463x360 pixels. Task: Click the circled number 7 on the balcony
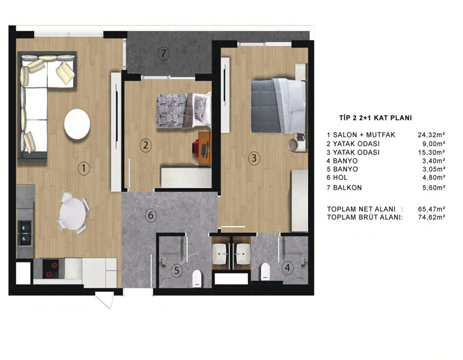click(x=163, y=53)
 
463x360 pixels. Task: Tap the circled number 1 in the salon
click(x=84, y=168)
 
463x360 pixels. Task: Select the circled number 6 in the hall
click(x=151, y=215)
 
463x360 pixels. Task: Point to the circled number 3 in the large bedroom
click(x=254, y=158)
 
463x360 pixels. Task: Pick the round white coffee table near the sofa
click(x=77, y=124)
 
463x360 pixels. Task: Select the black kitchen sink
click(x=25, y=233)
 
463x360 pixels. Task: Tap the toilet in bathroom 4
click(x=265, y=271)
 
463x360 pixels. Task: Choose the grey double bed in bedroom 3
click(x=278, y=106)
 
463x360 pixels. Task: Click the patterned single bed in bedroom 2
click(x=184, y=110)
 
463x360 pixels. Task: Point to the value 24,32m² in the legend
click(x=432, y=135)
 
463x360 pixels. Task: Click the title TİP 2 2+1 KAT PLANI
click(x=376, y=118)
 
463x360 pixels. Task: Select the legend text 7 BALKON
click(x=344, y=188)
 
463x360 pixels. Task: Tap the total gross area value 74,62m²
click(x=432, y=217)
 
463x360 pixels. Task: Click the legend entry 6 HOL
click(x=337, y=177)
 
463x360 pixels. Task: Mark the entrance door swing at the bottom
click(x=105, y=300)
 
